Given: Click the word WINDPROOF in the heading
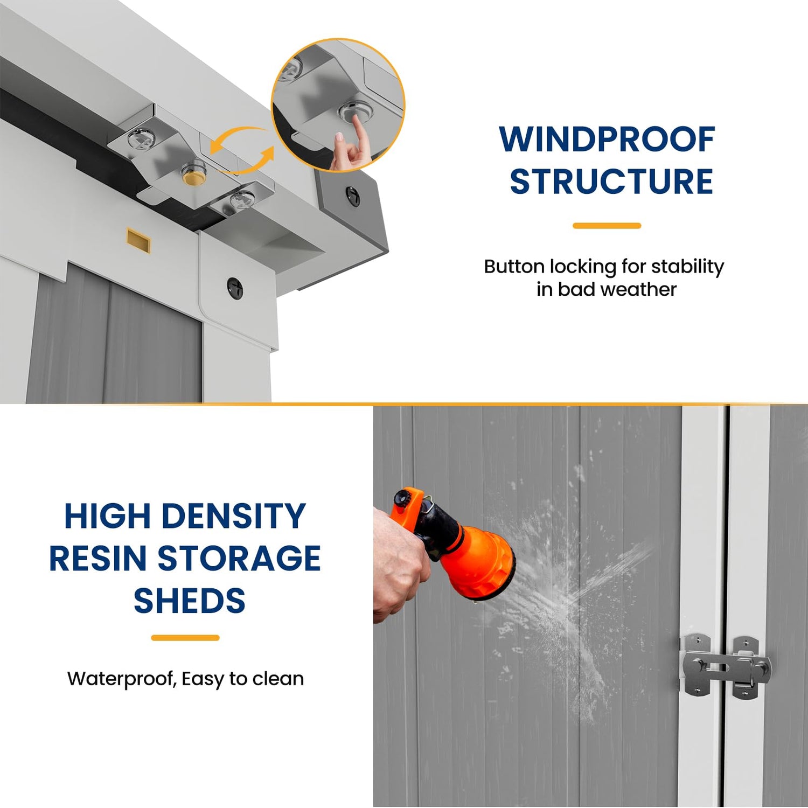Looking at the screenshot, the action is tap(607, 140).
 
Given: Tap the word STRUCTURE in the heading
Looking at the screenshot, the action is tap(611, 182).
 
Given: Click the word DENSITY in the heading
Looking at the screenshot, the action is tap(234, 516).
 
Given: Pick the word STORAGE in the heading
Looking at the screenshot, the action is tap(239, 558).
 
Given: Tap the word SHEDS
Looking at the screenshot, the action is tap(190, 601).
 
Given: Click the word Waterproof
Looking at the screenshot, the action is tap(122, 679).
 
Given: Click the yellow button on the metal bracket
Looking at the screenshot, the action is tap(194, 176).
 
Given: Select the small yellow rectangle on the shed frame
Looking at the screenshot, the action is tap(138, 240).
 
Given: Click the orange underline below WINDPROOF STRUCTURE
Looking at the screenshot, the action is tap(607, 226).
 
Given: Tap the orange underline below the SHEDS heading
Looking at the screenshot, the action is tap(185, 638).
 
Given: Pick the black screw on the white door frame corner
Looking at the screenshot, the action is tap(235, 289).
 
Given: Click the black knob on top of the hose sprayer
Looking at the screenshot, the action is tap(401, 497).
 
